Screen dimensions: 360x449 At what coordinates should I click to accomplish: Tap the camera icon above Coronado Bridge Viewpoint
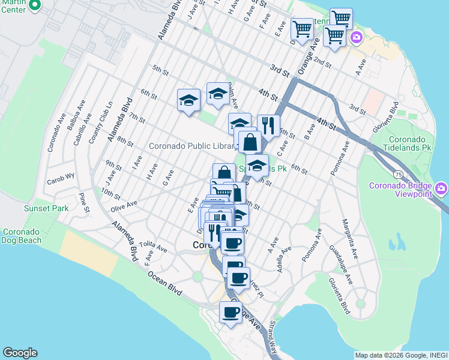pos(442,190)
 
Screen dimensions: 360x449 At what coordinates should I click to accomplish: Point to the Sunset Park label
pos(46,208)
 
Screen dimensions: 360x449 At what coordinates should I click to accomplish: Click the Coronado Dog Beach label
pos(22,236)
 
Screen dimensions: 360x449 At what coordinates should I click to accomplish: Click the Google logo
pos(20,353)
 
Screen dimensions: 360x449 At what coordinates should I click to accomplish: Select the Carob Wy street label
pos(61,176)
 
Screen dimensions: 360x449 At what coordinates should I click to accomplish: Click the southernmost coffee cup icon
pos(231,311)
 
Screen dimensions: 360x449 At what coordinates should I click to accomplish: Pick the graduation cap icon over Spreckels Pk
pos(257,165)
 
